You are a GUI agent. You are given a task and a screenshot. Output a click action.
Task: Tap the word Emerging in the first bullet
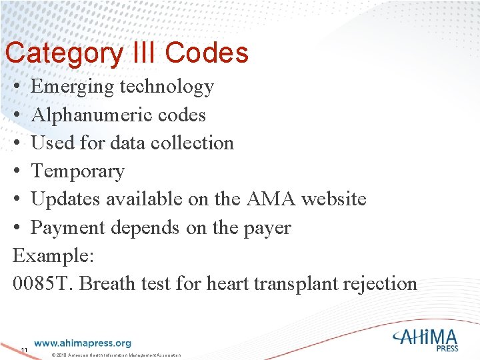tap(72, 87)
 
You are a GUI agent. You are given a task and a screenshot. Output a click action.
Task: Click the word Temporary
tap(77, 171)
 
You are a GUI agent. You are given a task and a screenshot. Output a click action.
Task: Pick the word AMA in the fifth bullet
tap(263, 199)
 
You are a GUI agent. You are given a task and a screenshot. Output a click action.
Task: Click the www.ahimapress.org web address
tap(83, 343)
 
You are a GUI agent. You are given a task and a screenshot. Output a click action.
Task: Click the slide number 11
tap(24, 351)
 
